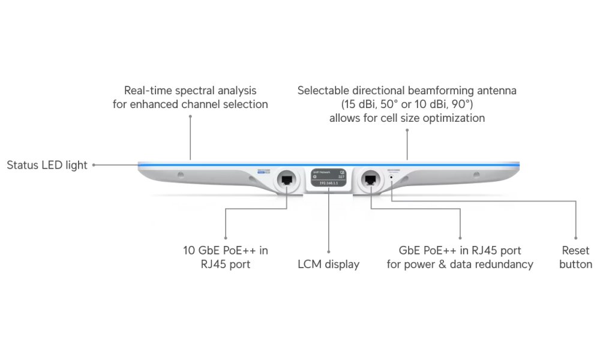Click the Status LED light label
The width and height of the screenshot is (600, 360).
click(x=47, y=165)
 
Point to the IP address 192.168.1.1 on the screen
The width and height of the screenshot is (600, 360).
click(x=329, y=183)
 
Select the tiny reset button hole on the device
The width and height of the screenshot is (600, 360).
click(x=392, y=177)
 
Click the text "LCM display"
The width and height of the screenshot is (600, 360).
click(x=329, y=264)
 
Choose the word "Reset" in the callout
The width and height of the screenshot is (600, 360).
click(x=575, y=250)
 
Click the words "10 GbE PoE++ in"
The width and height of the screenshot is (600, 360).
click(x=226, y=250)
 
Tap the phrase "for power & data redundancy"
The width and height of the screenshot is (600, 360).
click(x=460, y=264)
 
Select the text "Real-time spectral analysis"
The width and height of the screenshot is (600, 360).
click(x=190, y=91)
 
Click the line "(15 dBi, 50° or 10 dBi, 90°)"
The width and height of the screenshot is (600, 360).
click(x=407, y=104)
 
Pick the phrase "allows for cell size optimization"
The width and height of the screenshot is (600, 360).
click(x=407, y=118)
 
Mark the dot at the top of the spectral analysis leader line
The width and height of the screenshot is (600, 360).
click(x=190, y=116)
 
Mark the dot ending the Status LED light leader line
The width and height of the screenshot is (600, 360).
click(x=94, y=165)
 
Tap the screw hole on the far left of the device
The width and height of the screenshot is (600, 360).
click(x=181, y=175)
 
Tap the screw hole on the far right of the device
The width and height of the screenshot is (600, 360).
click(x=476, y=175)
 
